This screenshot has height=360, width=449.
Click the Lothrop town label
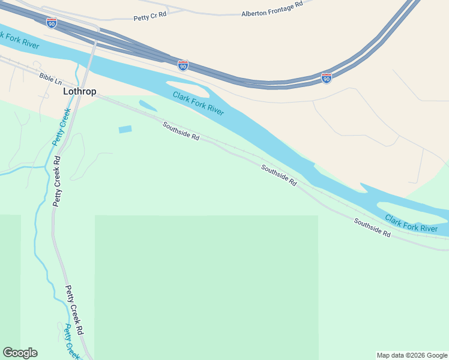[80, 92]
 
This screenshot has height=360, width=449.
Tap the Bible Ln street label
[50, 78]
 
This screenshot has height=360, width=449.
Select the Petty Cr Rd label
[150, 17]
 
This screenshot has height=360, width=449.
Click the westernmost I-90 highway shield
[52, 23]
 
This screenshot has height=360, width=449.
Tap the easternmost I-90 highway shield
[326, 78]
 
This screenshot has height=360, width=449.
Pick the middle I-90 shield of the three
[183, 65]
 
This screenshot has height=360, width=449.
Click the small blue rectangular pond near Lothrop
[125, 129]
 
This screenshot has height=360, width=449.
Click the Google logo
[20, 353]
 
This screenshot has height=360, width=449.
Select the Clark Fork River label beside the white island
[198, 103]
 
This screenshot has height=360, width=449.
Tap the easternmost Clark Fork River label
[411, 223]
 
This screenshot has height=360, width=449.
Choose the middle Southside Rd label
[279, 175]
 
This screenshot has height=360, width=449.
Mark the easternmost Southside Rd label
[372, 227]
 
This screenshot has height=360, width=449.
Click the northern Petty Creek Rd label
[57, 181]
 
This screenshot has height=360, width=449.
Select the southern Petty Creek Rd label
[74, 310]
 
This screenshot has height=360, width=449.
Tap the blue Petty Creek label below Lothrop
[61, 127]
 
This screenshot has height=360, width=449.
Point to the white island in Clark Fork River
[188, 89]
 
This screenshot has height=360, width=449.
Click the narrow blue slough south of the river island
[148, 106]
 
